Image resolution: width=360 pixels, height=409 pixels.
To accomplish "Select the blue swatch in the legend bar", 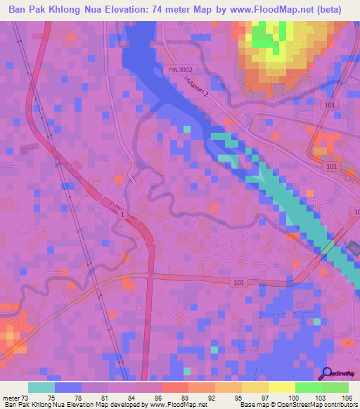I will (68, 387).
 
